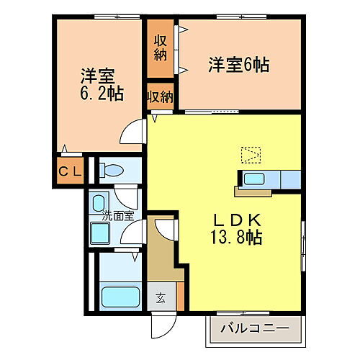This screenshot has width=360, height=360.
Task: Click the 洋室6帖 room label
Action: pyautogui.click(x=238, y=66)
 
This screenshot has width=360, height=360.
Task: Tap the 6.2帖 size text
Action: pyautogui.click(x=96, y=94)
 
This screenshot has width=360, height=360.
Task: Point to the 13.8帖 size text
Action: pyautogui.click(x=230, y=238)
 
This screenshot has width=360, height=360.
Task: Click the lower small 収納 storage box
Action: pyautogui.click(x=161, y=96)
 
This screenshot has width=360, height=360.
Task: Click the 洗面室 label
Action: pyautogui.click(x=117, y=215)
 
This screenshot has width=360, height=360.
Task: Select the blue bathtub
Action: pyautogui.click(x=120, y=297)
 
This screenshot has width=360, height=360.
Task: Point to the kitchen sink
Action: pyautogui.click(x=253, y=179)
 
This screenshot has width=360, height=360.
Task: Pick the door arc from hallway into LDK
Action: pyautogui.click(x=162, y=231)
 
